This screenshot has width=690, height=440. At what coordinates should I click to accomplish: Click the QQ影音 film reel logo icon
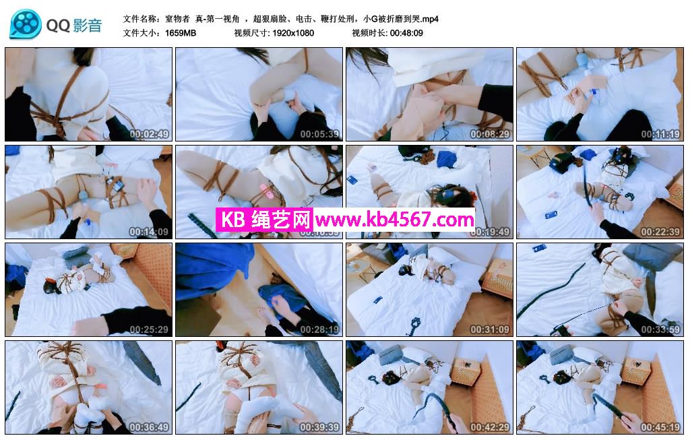[x=26, y=25]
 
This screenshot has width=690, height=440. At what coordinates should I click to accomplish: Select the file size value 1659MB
[x=181, y=33]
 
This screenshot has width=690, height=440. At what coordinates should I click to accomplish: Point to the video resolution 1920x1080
[x=293, y=33]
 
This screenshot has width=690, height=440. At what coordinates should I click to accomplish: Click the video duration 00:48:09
[x=406, y=33]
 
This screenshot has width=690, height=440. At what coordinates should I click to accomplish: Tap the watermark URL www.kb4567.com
[x=395, y=219]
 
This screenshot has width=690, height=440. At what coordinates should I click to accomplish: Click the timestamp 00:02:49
[x=149, y=134]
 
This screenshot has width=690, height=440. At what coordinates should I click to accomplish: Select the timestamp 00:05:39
[x=319, y=134]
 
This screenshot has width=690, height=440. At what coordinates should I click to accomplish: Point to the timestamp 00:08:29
[x=490, y=134]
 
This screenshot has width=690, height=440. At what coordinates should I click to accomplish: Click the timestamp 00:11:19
[x=660, y=134]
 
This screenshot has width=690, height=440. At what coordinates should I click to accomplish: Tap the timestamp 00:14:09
[x=149, y=232]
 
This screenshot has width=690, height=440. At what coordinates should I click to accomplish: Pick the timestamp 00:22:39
[x=660, y=232]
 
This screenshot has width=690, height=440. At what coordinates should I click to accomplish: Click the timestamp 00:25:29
[x=149, y=329]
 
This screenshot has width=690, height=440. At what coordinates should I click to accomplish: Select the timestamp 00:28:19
[x=319, y=329]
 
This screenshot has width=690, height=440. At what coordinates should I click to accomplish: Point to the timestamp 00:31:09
[x=490, y=329]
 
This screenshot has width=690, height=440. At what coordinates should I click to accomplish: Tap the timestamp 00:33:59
[x=660, y=329]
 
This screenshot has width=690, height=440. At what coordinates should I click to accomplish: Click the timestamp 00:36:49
[x=149, y=427]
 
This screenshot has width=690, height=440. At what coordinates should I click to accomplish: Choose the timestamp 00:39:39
[x=319, y=427]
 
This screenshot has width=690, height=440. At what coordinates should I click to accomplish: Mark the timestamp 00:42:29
[x=490, y=427]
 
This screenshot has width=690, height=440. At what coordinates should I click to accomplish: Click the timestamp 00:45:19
[x=660, y=427]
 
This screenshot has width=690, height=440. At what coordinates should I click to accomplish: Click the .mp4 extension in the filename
[x=430, y=20]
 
